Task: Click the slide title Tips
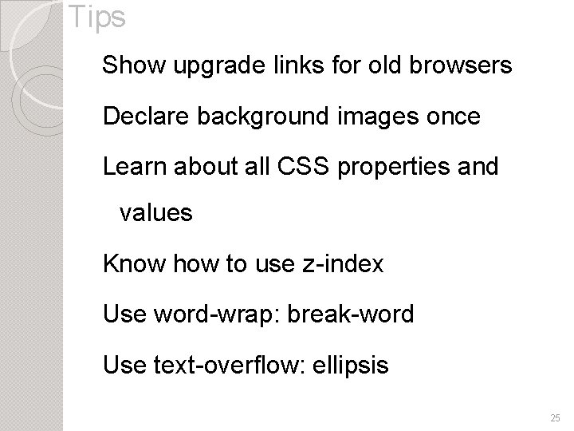96,18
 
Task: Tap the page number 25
555,418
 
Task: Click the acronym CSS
297,166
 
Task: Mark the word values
155,213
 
